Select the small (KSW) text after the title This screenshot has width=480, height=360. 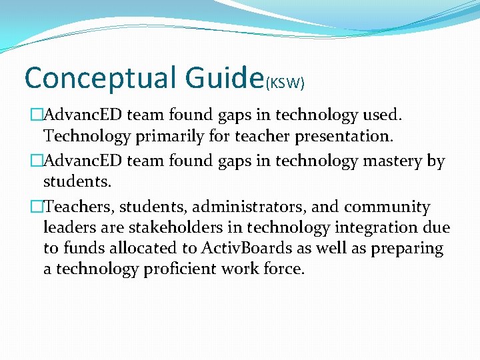coord(285,83)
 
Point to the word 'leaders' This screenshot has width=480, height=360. coord(69,227)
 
